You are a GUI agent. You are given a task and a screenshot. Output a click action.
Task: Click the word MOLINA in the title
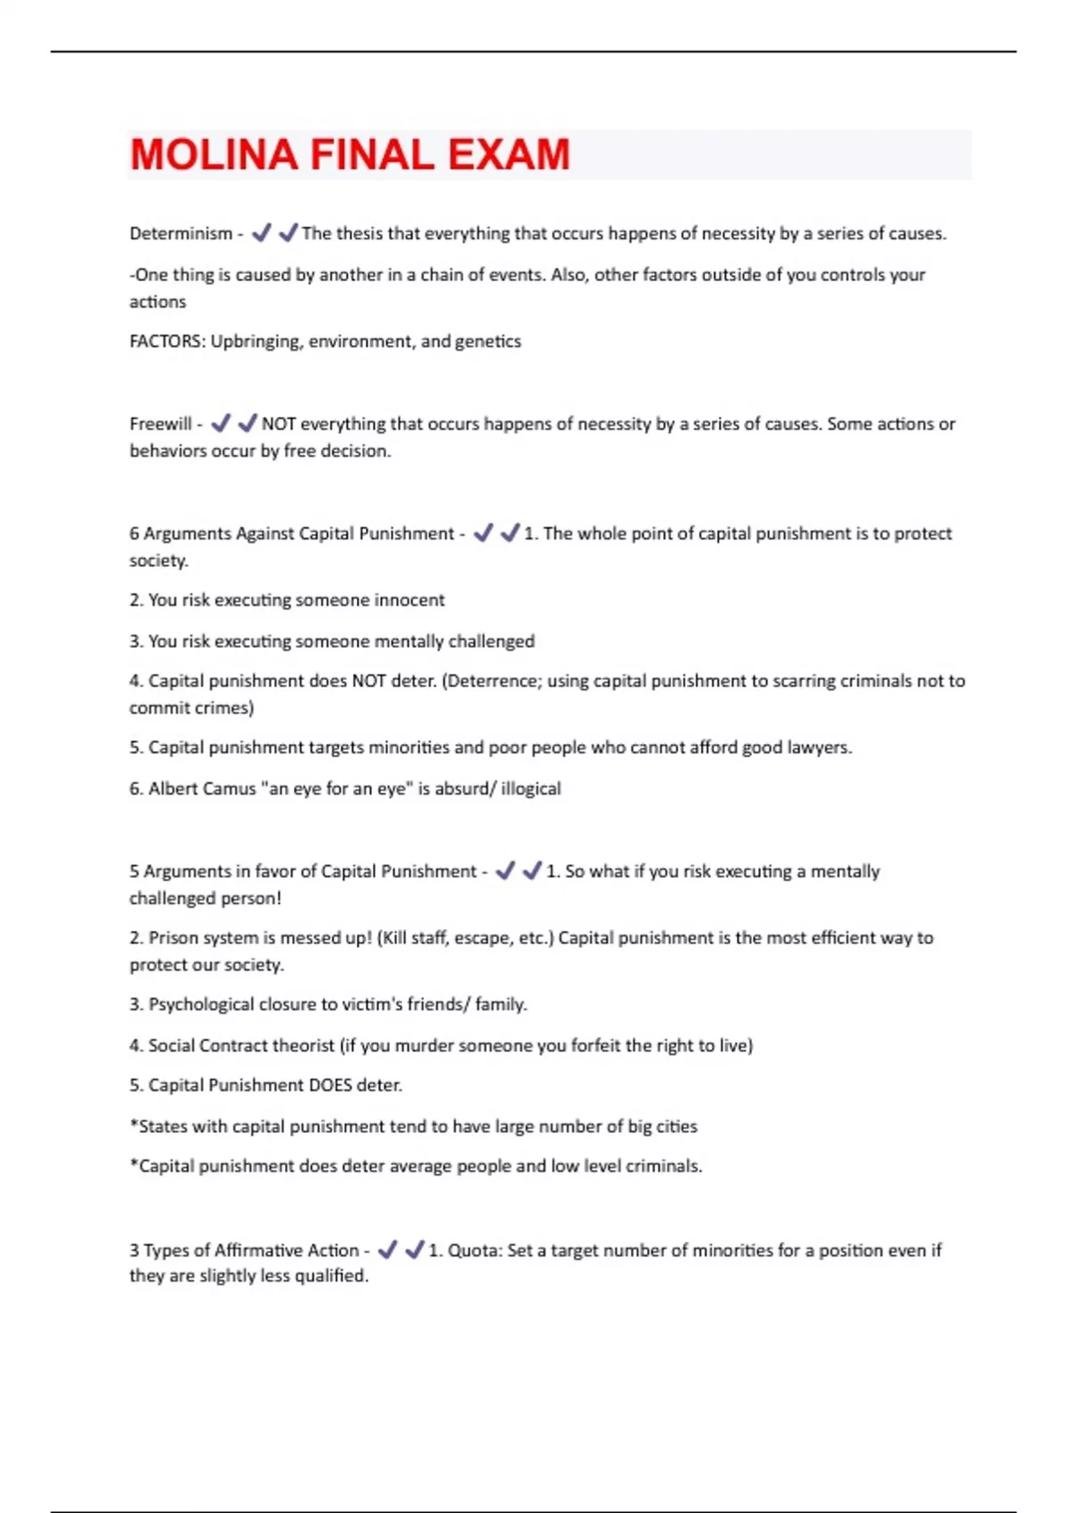coord(214,155)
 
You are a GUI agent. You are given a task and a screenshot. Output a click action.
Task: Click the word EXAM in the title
coord(508,155)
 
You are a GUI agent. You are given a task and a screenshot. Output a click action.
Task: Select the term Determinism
coord(181,233)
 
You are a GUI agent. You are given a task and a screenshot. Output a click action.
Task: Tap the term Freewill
coord(160,424)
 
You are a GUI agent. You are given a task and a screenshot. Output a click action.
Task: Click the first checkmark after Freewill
coord(221,423)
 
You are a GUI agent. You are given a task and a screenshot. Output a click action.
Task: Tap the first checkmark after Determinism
coord(261,233)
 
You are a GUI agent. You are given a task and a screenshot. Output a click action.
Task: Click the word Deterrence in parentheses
coord(492,681)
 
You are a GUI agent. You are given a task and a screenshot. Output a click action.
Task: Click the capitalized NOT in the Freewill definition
coord(279,424)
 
